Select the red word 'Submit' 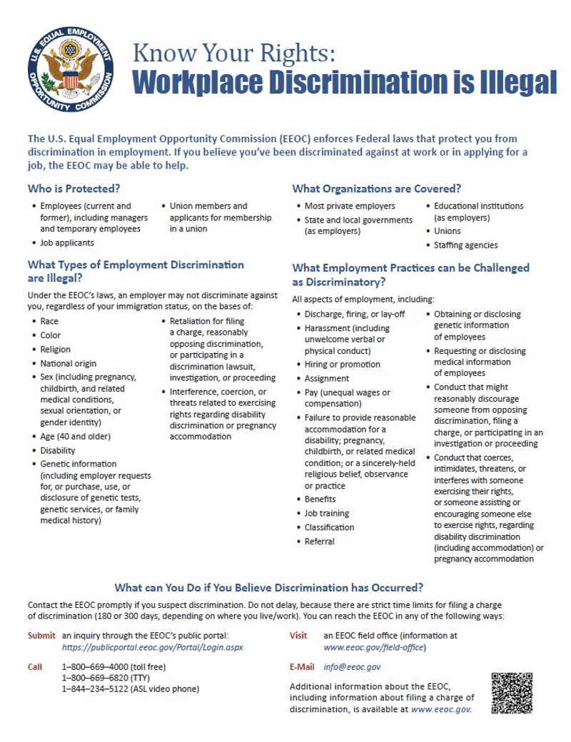point(41,635)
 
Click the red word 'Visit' point(298,635)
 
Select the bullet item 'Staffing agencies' point(465,245)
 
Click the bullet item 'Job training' point(326,513)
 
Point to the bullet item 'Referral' point(319,541)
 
